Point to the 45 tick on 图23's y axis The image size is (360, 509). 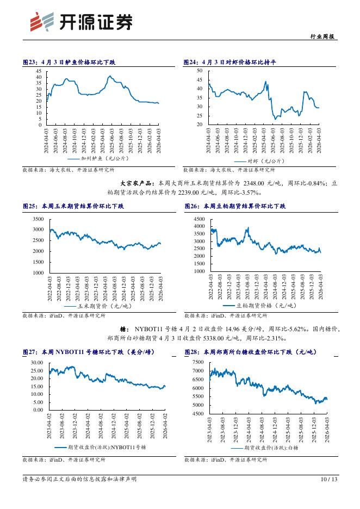point(39,71)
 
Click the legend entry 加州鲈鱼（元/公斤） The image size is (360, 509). point(98,160)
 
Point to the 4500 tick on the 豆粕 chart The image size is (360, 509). point(198,219)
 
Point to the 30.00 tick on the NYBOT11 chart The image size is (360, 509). point(36,362)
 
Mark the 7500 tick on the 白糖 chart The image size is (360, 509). point(198,362)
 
